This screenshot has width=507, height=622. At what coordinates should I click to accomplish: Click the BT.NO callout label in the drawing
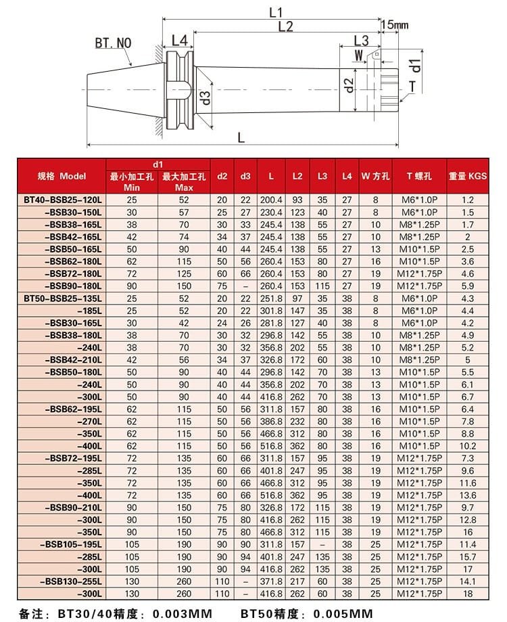click(x=113, y=43)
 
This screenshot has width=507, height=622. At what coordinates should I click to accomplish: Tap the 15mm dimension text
click(x=394, y=25)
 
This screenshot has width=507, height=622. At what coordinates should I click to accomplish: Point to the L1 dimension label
click(x=275, y=12)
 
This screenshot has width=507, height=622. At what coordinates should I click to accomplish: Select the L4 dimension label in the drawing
click(x=179, y=41)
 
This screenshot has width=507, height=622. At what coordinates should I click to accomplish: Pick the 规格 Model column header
click(x=62, y=176)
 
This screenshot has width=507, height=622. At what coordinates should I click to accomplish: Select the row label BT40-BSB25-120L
click(x=63, y=200)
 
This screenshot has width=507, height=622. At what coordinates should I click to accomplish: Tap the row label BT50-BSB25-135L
click(x=63, y=298)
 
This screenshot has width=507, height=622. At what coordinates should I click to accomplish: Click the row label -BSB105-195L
click(x=72, y=544)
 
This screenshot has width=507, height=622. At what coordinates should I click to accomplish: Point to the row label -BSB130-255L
click(x=72, y=581)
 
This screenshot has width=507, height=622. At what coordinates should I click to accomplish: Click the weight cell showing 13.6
click(x=467, y=495)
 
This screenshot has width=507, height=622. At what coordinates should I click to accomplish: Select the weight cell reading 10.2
click(x=467, y=446)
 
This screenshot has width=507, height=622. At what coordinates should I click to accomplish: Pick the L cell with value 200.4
click(x=270, y=200)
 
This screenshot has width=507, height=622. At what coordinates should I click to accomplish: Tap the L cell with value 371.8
click(x=270, y=581)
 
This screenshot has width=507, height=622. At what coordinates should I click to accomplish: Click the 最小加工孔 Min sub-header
click(x=132, y=181)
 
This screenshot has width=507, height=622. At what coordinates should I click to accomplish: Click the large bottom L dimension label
click(x=241, y=138)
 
